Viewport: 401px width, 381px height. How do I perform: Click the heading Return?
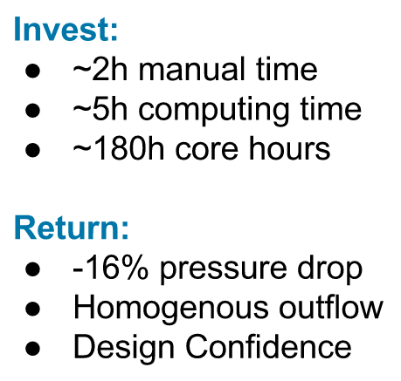[72, 228]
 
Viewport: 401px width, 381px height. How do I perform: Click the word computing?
[204, 110]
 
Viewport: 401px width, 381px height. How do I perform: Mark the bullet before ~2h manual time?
[31, 69]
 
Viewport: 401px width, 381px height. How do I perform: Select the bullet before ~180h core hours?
[31, 149]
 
